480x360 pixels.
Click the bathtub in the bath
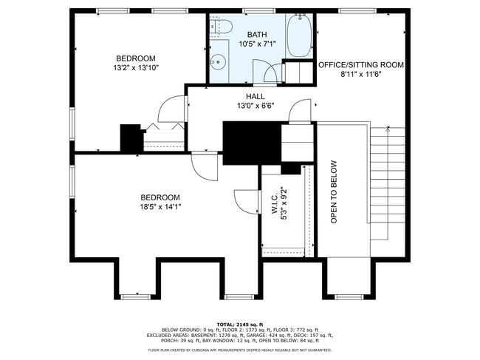pyautogui.click(x=299, y=35)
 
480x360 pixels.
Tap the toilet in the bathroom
pyautogui.click(x=221, y=27)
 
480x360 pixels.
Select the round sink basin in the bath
pyautogui.click(x=218, y=62)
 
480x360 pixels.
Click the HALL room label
pyautogui.click(x=256, y=97)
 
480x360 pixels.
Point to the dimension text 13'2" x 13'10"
pyautogui.click(x=136, y=68)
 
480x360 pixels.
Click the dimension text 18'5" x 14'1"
pyautogui.click(x=160, y=207)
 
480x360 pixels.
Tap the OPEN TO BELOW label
pyautogui.click(x=334, y=192)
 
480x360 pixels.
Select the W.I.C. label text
pyautogui.click(x=275, y=203)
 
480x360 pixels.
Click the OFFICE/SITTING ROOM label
pyautogui.click(x=361, y=65)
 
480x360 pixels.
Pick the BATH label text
pyautogui.click(x=257, y=35)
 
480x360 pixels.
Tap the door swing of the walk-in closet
pyautogui.click(x=247, y=202)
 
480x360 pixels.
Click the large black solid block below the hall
pyautogui.click(x=252, y=143)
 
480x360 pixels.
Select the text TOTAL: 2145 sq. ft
pyautogui.click(x=240, y=325)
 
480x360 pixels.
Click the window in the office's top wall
pyautogui.click(x=357, y=11)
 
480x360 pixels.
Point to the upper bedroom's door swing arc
pyautogui.click(x=172, y=109)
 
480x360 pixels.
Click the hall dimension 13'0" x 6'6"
pyautogui.click(x=256, y=106)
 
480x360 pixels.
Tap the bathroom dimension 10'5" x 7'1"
pyautogui.click(x=258, y=44)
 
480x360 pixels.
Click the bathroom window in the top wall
pyautogui.click(x=259, y=11)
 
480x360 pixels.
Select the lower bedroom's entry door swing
pyautogui.click(x=205, y=166)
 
